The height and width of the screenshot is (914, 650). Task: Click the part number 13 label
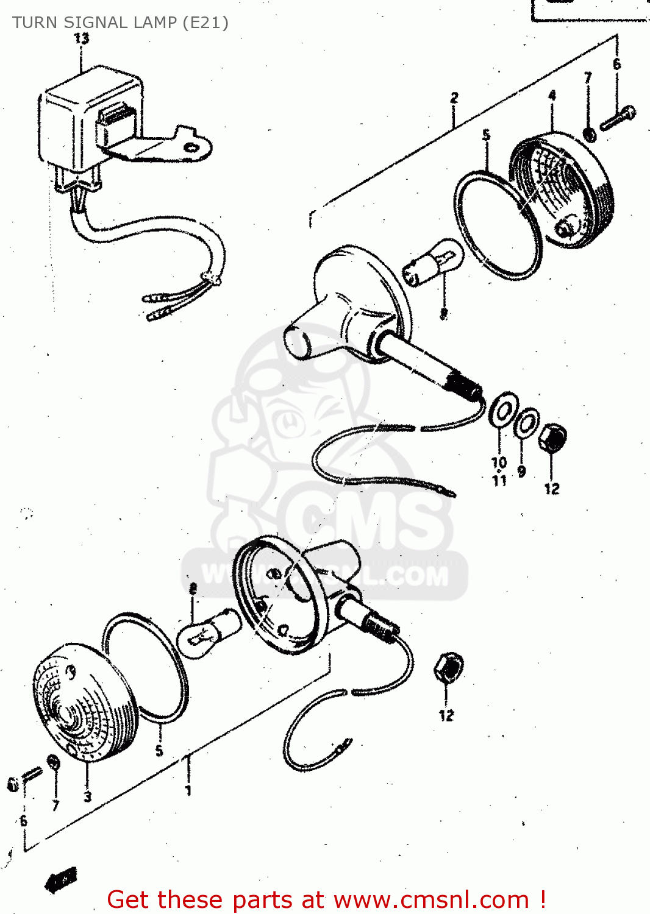(x=81, y=38)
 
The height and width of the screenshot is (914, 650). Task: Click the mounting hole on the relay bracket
(x=192, y=147)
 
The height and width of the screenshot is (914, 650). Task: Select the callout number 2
(x=454, y=97)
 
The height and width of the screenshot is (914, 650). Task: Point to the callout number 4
(x=552, y=96)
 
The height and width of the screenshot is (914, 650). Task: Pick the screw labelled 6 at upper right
(x=618, y=118)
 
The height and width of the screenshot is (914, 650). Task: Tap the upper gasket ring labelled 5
(x=497, y=225)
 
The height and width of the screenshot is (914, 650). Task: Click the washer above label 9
(x=526, y=422)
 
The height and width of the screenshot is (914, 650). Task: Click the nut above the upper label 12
(x=553, y=438)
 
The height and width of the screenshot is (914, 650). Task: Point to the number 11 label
(x=499, y=481)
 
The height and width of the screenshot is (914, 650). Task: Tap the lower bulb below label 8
(x=209, y=632)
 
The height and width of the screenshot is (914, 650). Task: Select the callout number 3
(x=88, y=796)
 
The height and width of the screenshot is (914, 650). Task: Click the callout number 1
(x=188, y=790)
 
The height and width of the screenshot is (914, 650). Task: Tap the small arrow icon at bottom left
(x=61, y=879)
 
